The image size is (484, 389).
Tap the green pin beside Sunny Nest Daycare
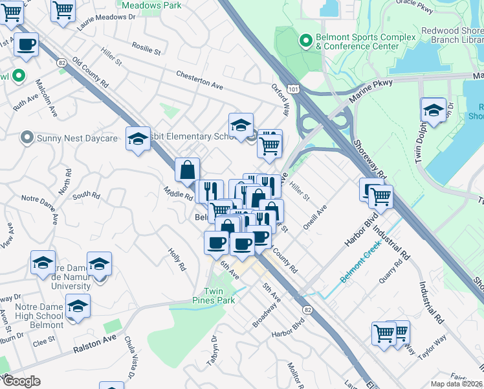[27, 137]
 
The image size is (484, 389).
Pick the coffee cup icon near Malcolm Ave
[26, 45]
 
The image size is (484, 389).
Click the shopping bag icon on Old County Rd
[186, 170]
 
